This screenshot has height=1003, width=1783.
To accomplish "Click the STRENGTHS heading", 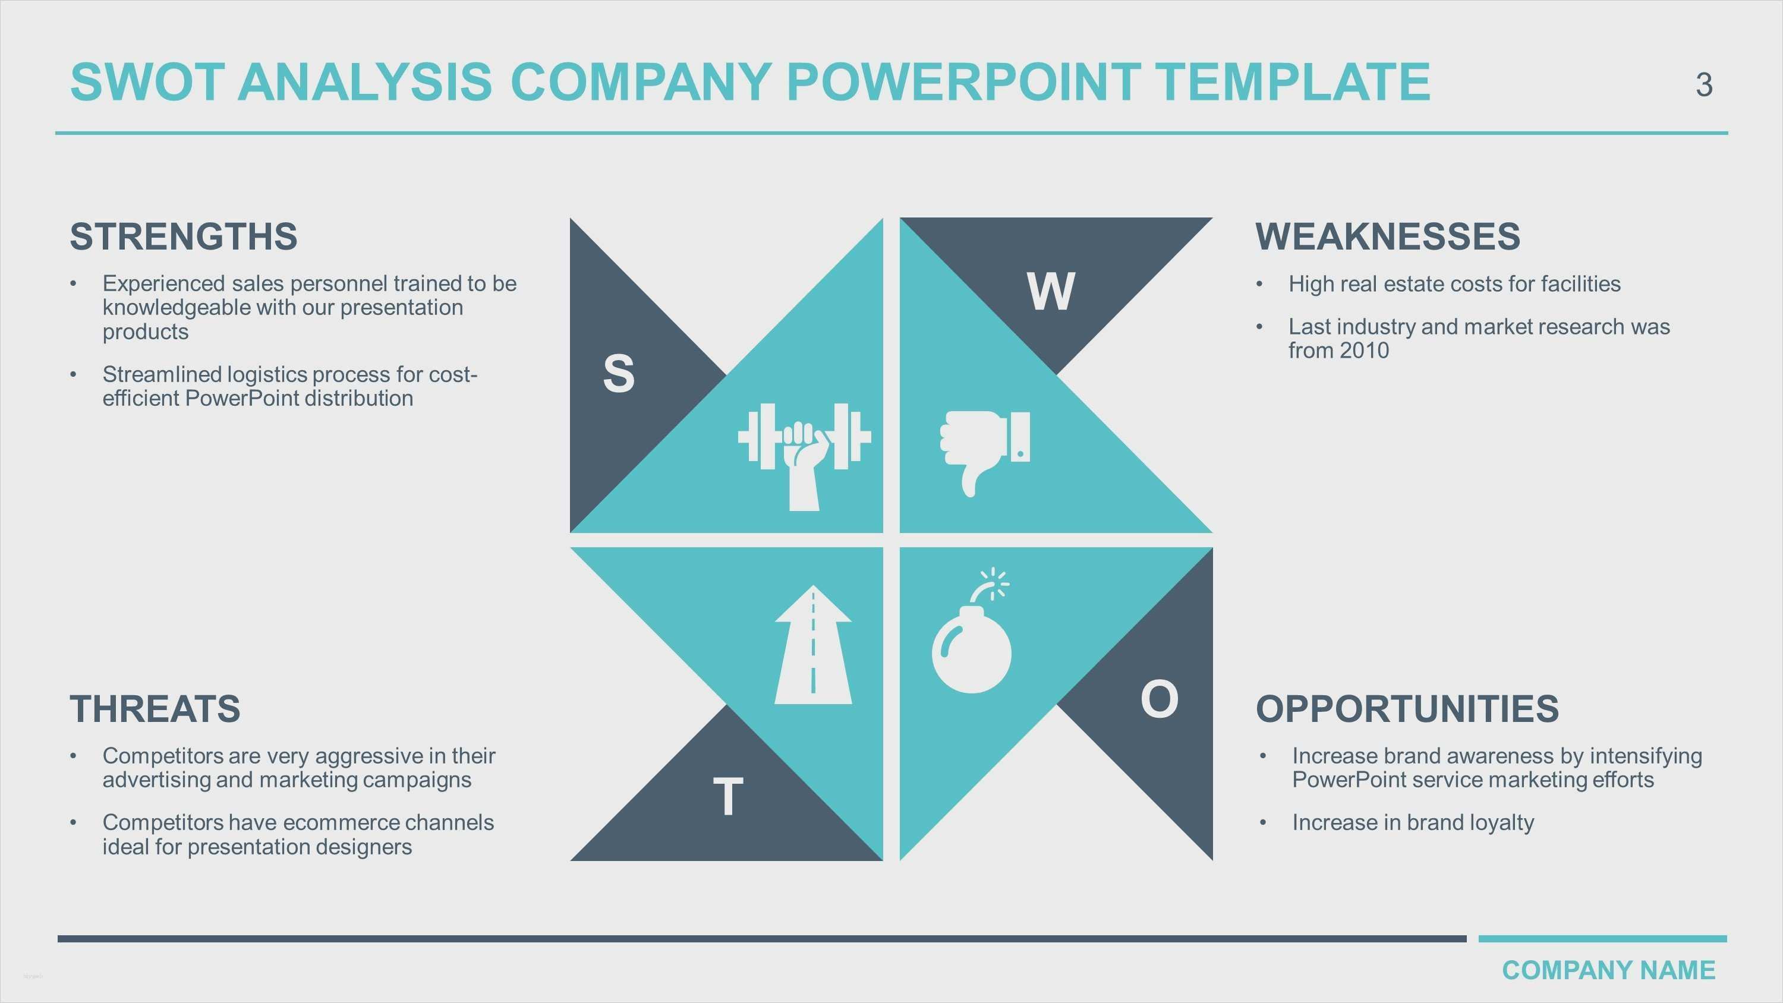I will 184,236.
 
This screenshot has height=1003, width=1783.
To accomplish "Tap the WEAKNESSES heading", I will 1387,236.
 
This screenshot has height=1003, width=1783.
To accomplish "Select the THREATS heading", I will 155,709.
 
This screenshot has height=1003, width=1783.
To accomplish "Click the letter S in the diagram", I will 618,374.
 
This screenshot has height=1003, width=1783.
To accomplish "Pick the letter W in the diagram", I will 1051,291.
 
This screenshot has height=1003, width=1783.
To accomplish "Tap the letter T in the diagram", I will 727,797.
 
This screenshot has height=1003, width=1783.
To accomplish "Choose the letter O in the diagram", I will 1160,699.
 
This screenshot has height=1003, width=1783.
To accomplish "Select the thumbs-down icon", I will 984,450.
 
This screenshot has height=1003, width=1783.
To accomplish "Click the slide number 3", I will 1704,85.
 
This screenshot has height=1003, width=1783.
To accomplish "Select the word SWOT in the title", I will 147,81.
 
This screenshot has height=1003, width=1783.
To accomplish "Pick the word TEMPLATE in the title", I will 1293,81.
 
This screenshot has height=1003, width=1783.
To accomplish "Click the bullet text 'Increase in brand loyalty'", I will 1413,822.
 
